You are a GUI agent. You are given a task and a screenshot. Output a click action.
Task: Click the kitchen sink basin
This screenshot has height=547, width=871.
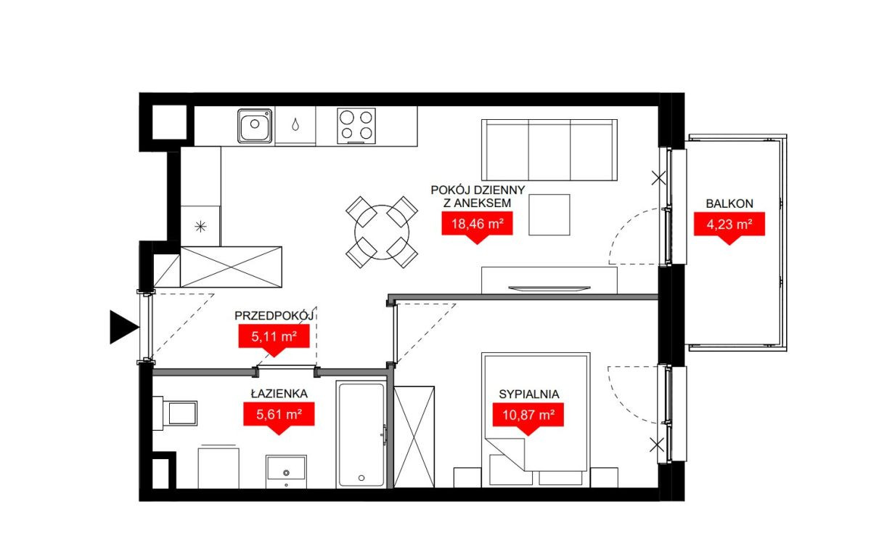pos(255,126)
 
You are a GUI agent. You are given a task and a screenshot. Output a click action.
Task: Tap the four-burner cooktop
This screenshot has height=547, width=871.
pos(356,126)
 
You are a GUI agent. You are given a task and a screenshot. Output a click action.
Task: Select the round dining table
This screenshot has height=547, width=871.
pos(382,232)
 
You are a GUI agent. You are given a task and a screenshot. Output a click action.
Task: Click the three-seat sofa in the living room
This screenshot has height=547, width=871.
pos(549,150)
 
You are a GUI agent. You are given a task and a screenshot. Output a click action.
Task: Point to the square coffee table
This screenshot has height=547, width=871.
pos(549,215)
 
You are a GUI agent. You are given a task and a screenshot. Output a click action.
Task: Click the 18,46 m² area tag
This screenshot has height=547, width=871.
pos(477,227)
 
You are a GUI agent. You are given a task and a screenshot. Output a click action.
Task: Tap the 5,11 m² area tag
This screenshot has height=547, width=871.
pos(274,341)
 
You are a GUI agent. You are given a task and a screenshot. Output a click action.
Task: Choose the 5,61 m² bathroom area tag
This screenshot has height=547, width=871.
pos(279,418)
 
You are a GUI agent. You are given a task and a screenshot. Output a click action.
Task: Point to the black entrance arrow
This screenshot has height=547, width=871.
pos(124,327)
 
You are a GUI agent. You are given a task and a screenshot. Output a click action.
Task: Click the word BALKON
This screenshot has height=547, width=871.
pos(729,203)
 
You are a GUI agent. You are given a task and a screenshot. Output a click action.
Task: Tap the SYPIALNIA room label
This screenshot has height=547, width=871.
pos(529,394)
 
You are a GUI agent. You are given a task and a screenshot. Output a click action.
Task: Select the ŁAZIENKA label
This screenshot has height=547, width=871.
pos(279,393)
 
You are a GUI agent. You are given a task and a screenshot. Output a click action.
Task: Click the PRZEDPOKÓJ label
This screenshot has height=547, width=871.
pos(274,315)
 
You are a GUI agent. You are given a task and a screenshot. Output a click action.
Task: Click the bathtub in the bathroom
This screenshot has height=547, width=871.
pos(361,434)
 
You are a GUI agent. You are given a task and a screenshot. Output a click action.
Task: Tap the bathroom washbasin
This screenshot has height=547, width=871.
pos(286,471)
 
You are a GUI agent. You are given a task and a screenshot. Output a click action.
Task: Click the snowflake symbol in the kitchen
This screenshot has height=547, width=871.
pos(200,227)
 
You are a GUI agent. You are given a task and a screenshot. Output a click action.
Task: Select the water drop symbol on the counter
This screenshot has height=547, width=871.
pos(295,124)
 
